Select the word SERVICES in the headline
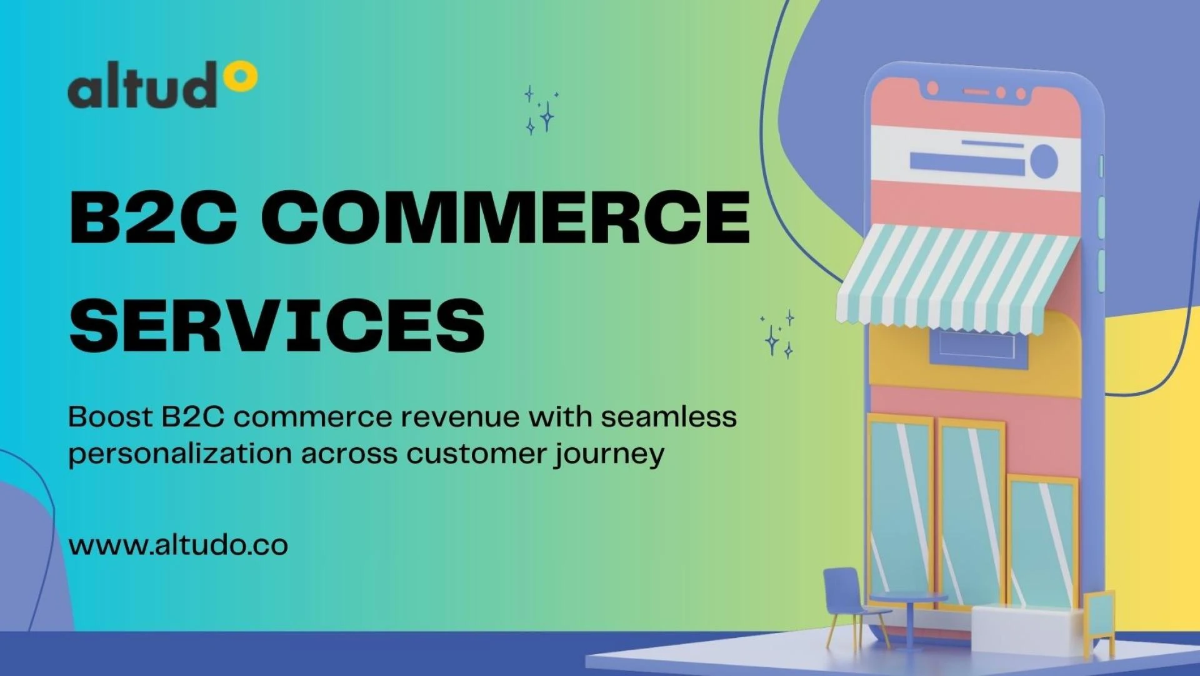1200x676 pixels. click(277, 325)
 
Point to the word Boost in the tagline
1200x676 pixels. click(110, 416)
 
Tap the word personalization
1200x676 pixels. click(180, 455)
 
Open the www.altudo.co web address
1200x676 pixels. click(178, 545)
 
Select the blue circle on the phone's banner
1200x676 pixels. click(1044, 161)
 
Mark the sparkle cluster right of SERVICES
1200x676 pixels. click(777, 335)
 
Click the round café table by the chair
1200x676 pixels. click(909, 617)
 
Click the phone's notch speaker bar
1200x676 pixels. click(976, 92)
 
